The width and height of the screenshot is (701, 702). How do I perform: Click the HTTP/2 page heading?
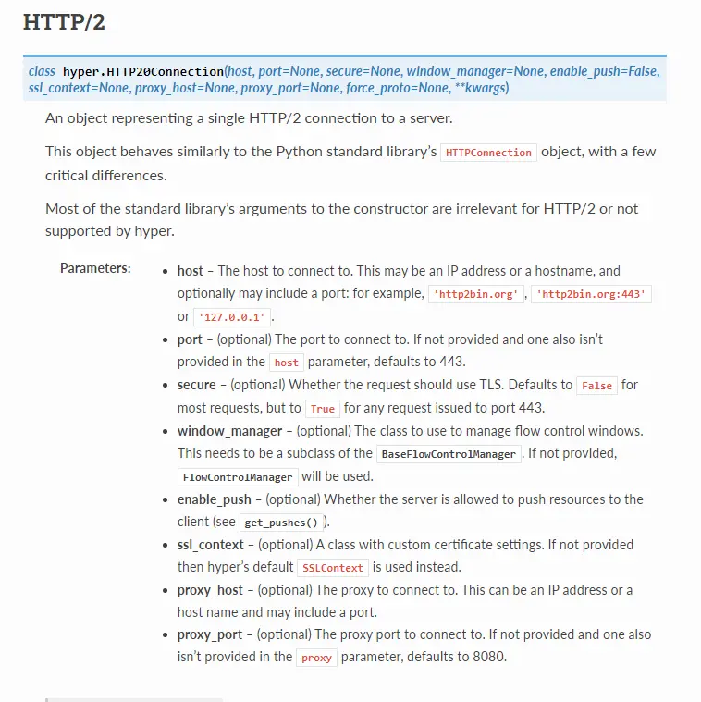click(64, 23)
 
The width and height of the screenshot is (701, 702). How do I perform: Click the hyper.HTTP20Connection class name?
click(143, 71)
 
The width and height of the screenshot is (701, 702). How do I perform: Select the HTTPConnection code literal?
click(488, 153)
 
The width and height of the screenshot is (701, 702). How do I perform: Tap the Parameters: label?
click(95, 268)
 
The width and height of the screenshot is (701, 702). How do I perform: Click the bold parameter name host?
click(190, 271)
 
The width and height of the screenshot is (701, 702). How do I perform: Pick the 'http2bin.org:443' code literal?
click(593, 294)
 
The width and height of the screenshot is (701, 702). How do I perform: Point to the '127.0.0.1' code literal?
click(231, 317)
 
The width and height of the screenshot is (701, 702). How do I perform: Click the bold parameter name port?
click(190, 339)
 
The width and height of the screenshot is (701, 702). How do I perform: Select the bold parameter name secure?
click(196, 385)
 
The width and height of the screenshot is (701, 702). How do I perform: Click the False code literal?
click(596, 386)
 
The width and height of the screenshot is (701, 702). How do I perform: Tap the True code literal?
click(323, 408)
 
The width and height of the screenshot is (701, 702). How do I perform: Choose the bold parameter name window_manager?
click(229, 431)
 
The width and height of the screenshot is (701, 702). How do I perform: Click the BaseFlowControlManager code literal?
click(449, 454)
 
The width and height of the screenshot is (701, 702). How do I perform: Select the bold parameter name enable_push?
click(215, 499)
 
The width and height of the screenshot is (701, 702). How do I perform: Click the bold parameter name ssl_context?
click(211, 545)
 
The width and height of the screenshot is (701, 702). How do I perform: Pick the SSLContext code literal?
click(332, 568)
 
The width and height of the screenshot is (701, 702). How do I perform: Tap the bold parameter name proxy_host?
click(210, 590)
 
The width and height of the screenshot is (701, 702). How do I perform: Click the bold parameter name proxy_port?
click(210, 634)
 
